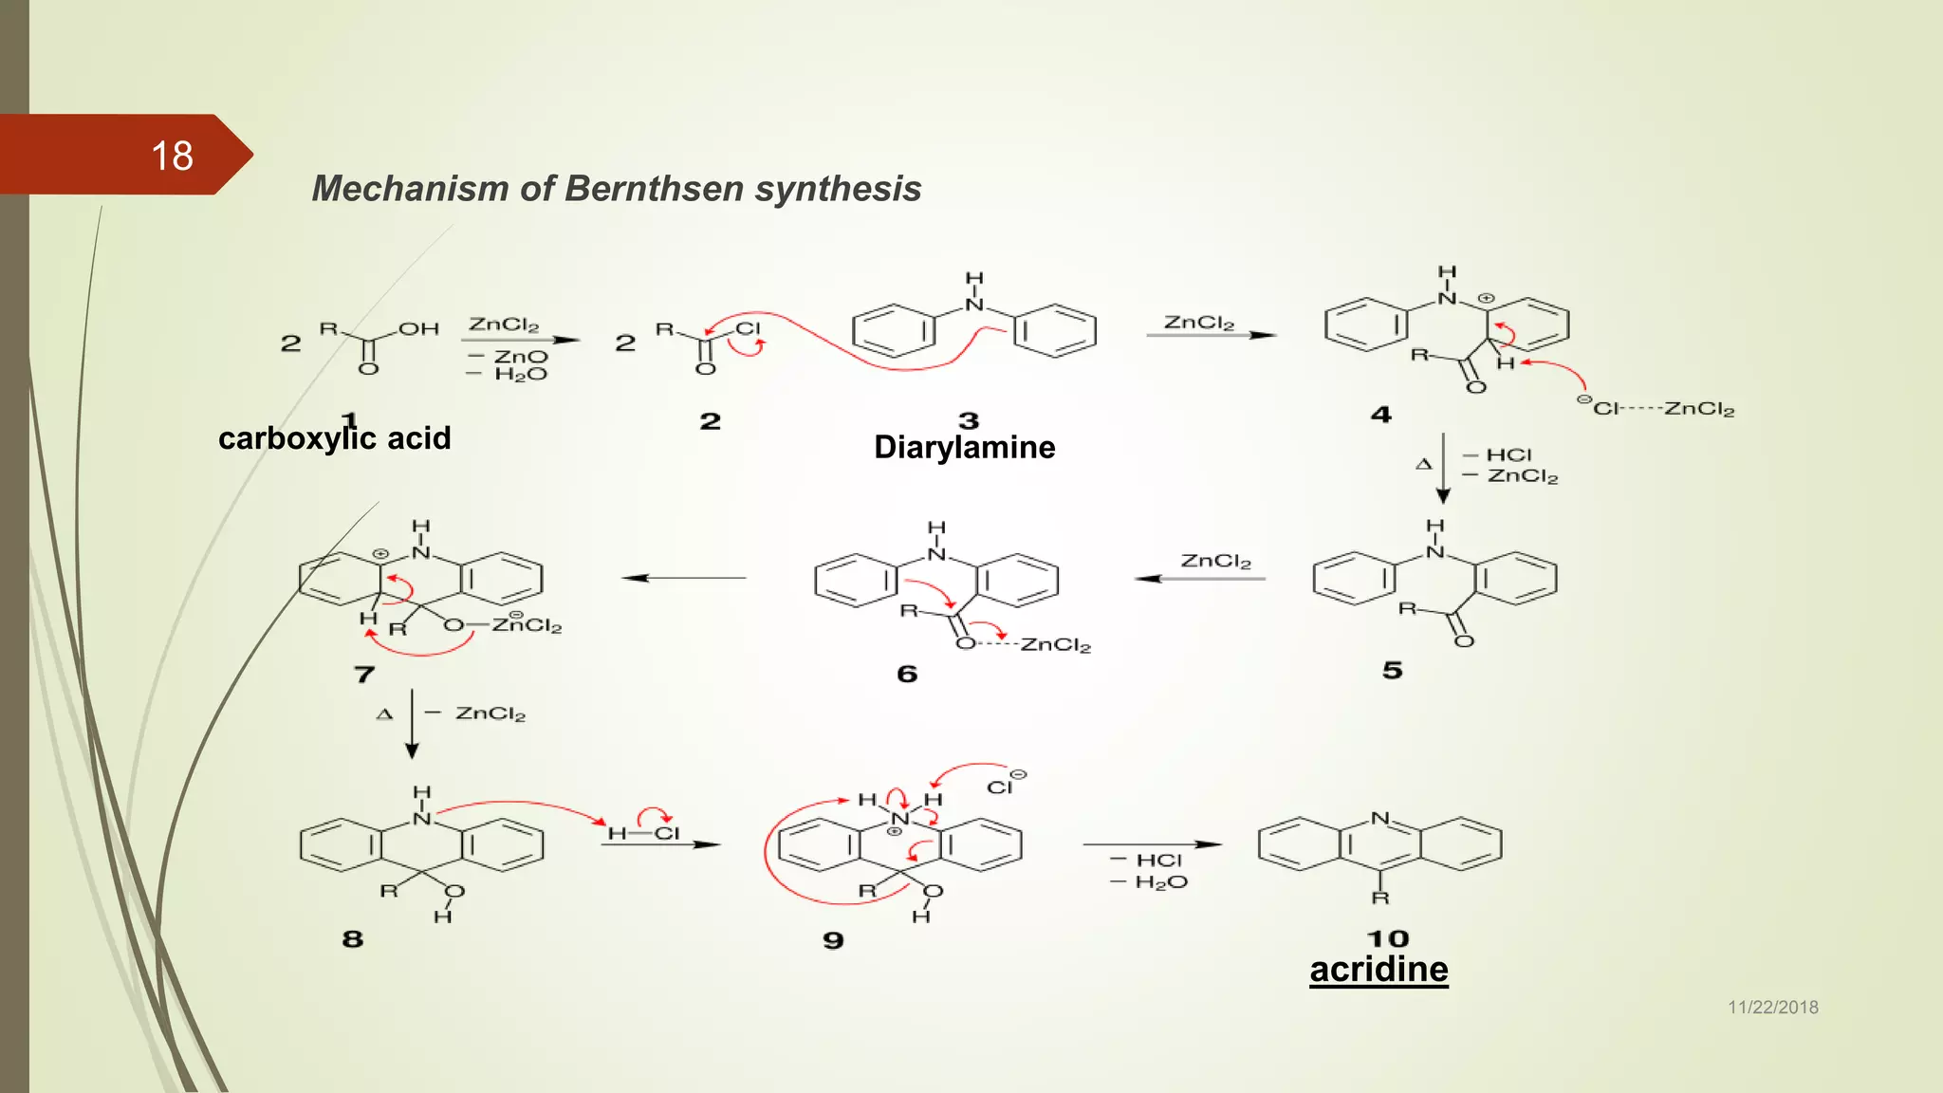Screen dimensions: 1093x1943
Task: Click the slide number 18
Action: pyautogui.click(x=172, y=156)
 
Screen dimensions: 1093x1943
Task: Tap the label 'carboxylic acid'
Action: pyautogui.click(x=334, y=438)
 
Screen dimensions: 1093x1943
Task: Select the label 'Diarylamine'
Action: pyautogui.click(x=964, y=447)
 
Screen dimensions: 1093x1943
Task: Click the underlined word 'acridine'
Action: pyautogui.click(x=1379, y=970)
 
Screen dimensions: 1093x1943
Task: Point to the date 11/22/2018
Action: pyautogui.click(x=1772, y=1008)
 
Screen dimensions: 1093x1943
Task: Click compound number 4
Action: pyautogui.click(x=1380, y=415)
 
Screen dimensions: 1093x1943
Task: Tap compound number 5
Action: pyautogui.click(x=1392, y=671)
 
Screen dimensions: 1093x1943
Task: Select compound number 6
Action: pyautogui.click(x=907, y=675)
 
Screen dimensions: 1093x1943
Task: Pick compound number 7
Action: pyautogui.click(x=364, y=675)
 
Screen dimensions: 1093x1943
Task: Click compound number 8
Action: pyautogui.click(x=353, y=939)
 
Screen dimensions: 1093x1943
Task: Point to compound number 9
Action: pyautogui.click(x=833, y=940)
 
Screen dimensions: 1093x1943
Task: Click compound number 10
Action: pyautogui.click(x=1387, y=938)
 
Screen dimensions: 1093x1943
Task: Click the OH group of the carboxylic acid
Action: pyautogui.click(x=418, y=329)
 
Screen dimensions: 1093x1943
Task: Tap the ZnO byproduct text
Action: pyautogui.click(x=521, y=357)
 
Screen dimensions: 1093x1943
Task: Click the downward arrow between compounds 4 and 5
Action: pyautogui.click(x=1443, y=468)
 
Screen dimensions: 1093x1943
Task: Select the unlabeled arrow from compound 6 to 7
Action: pyautogui.click(x=683, y=578)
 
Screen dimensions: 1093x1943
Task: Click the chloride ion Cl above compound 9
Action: pyautogui.click(x=1000, y=787)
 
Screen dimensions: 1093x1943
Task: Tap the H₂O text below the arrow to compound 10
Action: pyautogui.click(x=1161, y=882)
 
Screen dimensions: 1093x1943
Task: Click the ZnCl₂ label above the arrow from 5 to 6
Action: pyautogui.click(x=1215, y=562)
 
